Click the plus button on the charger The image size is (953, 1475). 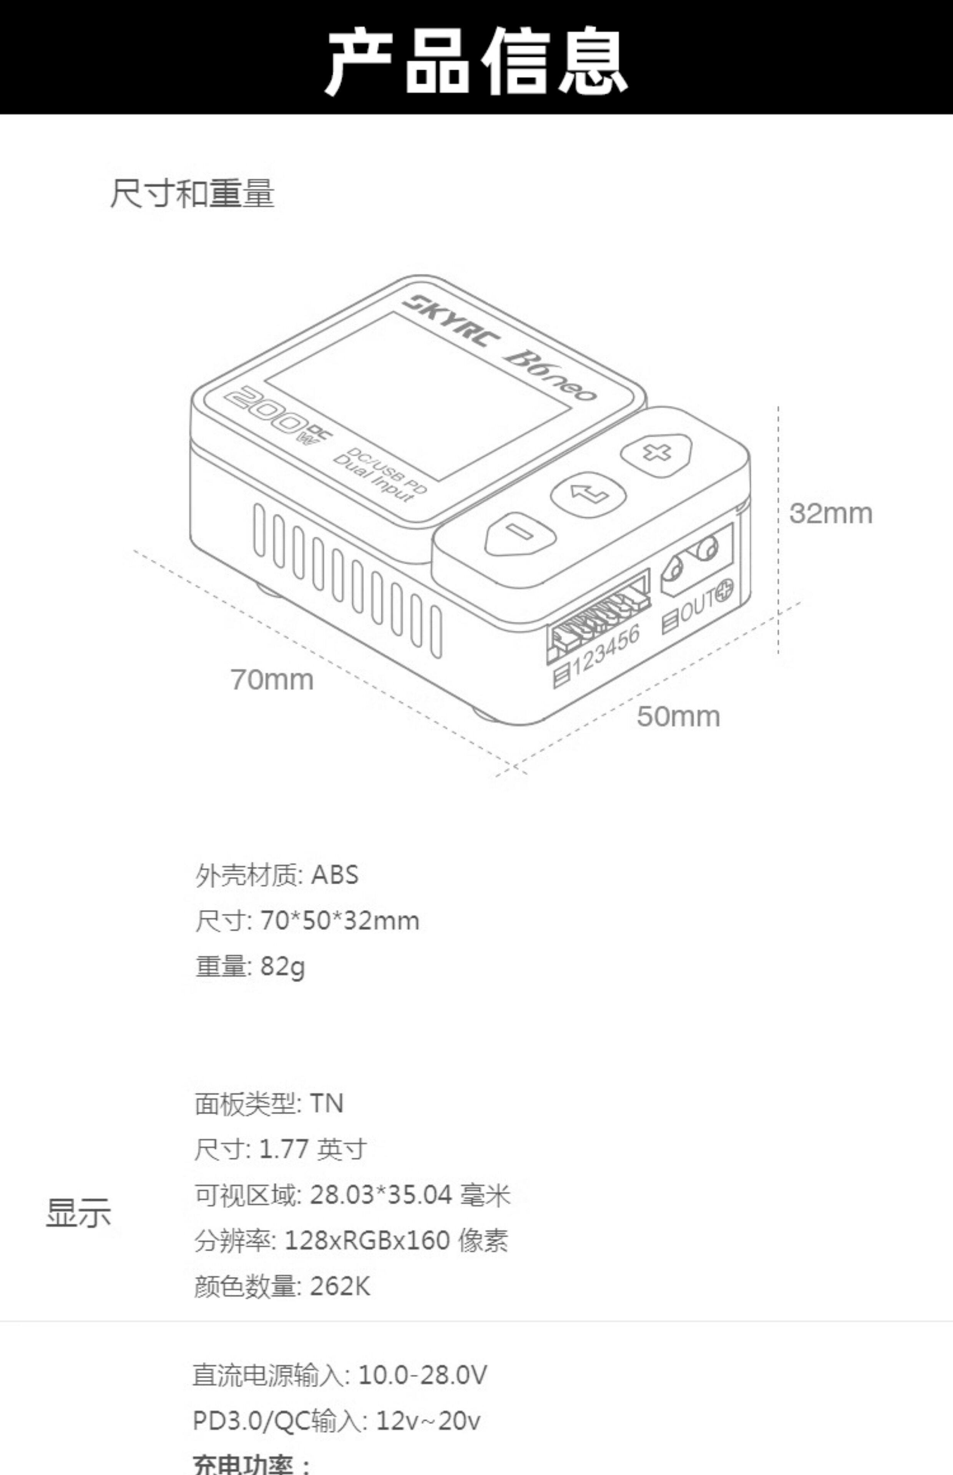(656, 453)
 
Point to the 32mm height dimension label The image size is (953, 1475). (830, 513)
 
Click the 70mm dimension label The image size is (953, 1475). (272, 679)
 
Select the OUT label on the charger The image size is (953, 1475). (699, 605)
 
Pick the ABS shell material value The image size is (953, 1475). (335, 875)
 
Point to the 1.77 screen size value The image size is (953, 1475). (284, 1149)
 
